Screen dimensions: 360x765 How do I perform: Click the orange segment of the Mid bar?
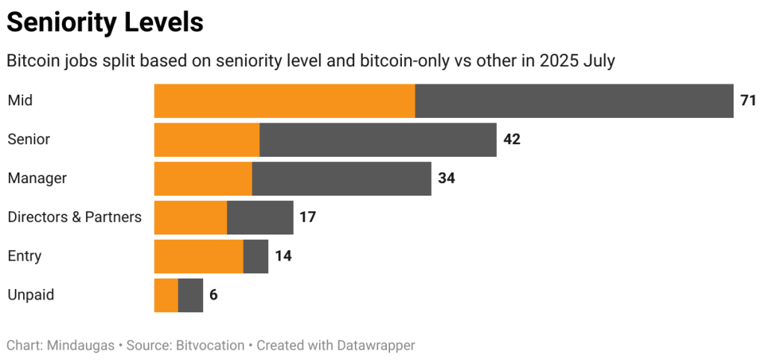click(x=285, y=101)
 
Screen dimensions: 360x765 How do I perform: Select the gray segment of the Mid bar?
click(x=574, y=101)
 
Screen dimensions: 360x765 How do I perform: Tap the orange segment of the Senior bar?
click(x=207, y=140)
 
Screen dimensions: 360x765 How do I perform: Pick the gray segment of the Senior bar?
click(x=378, y=140)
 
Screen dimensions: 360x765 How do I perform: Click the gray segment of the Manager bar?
click(x=341, y=179)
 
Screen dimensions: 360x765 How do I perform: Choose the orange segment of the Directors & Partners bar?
click(x=191, y=217)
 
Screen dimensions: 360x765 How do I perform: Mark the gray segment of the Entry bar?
click(x=255, y=256)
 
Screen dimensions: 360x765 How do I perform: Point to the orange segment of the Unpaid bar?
click(x=166, y=295)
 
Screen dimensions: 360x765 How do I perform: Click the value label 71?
click(x=748, y=101)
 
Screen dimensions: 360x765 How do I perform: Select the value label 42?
click(x=512, y=140)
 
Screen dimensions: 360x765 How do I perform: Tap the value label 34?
click(x=446, y=179)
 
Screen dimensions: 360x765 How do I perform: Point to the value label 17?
click(x=307, y=217)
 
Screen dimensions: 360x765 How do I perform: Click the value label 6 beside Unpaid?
click(x=214, y=295)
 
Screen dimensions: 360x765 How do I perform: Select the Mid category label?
click(x=20, y=101)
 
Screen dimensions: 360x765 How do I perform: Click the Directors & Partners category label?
click(x=75, y=217)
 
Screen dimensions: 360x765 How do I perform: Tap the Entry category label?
click(x=25, y=256)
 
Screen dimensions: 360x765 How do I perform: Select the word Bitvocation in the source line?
click(x=208, y=345)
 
